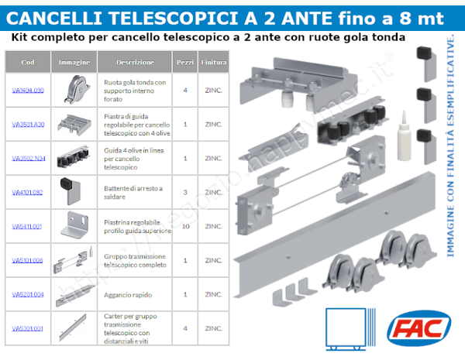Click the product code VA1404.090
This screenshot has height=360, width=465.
click(x=28, y=90)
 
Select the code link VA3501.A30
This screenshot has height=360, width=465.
click(x=28, y=124)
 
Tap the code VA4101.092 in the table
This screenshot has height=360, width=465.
click(x=28, y=191)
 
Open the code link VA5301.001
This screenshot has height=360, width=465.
click(x=28, y=328)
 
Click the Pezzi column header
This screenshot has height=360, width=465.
click(x=185, y=62)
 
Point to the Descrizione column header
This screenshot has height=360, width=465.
click(x=135, y=62)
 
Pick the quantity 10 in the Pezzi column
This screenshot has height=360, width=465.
click(x=185, y=226)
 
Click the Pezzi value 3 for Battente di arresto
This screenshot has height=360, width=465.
click(x=185, y=191)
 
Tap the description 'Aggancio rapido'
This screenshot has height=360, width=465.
click(x=126, y=294)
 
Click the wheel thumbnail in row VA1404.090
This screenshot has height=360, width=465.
click(x=75, y=89)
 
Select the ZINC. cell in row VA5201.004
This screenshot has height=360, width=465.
click(x=213, y=294)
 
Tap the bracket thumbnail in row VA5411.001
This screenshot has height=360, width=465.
click(x=74, y=225)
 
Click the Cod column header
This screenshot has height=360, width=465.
click(x=28, y=62)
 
